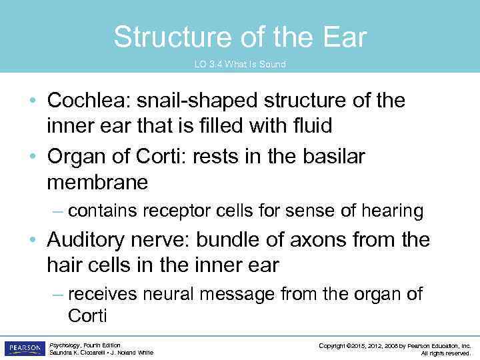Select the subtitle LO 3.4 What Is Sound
[x=240, y=65]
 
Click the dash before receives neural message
[x=58, y=294]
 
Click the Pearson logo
[x=23, y=348]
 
